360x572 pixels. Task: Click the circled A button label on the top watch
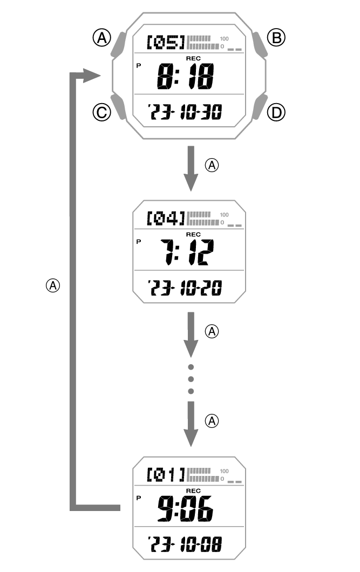pos(101,37)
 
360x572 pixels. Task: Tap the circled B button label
pos(277,37)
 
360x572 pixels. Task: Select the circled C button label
pos(101,112)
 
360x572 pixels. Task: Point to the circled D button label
pos(277,112)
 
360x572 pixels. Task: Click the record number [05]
pos(166,41)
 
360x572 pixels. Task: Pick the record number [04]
pos(166,218)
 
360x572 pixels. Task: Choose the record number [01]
pos(166,475)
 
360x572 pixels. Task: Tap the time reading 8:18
pos(185,77)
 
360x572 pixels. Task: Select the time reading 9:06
pos(185,508)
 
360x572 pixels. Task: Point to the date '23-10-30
pos(186,113)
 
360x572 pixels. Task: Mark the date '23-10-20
pos(186,289)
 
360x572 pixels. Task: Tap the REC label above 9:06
pos(193,491)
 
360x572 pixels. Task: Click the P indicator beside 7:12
pos(138,241)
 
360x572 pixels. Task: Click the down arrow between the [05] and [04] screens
pos(190,169)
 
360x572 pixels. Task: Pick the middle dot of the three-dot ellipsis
pos(190,379)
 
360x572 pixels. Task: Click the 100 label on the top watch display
pos(224,39)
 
